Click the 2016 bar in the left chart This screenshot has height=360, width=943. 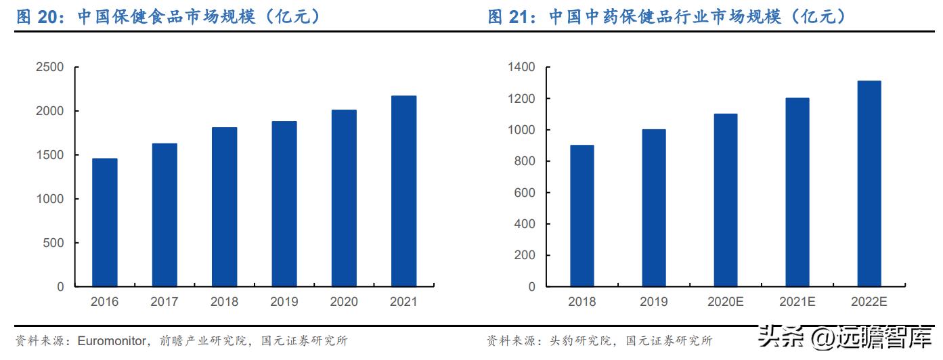pyautogui.click(x=105, y=223)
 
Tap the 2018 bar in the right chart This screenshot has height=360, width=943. pyautogui.click(x=582, y=216)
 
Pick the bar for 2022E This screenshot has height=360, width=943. pyautogui.click(x=869, y=184)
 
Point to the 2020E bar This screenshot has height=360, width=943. pyautogui.click(x=725, y=200)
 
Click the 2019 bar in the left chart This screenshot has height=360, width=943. pyautogui.click(x=284, y=204)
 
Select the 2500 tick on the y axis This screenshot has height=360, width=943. pyautogui.click(x=50, y=67)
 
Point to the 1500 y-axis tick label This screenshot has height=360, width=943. pyautogui.click(x=50, y=155)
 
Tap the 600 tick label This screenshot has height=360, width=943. pyautogui.click(x=524, y=193)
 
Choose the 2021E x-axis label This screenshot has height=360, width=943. pyautogui.click(x=797, y=302)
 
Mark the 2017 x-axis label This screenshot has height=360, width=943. pyautogui.click(x=165, y=302)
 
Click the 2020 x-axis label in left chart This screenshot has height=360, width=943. pyautogui.click(x=344, y=302)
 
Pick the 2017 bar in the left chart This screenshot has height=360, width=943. pyautogui.click(x=165, y=215)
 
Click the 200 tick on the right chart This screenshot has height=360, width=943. pyautogui.click(x=524, y=256)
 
